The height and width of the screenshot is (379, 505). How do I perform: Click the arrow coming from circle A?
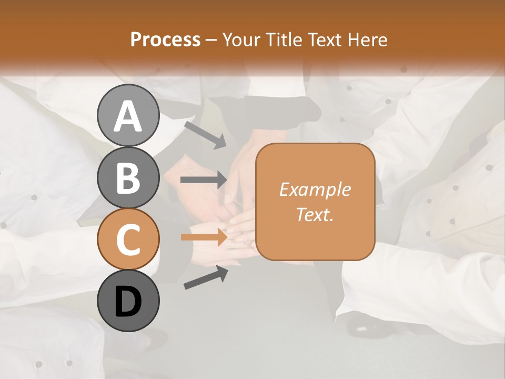(x=205, y=134)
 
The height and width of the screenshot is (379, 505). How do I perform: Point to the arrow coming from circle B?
(x=204, y=179)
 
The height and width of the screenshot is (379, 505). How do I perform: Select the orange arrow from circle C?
(x=204, y=237)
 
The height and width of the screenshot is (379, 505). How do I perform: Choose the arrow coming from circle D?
(x=206, y=277)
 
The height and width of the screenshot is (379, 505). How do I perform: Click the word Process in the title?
(x=165, y=39)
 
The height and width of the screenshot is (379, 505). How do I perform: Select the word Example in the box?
(x=315, y=189)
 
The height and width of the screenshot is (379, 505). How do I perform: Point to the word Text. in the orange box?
(x=315, y=214)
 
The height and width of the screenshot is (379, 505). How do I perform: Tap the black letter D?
(x=128, y=302)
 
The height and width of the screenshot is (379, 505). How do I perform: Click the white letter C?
(x=128, y=240)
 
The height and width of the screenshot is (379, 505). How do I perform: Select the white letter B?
(x=128, y=178)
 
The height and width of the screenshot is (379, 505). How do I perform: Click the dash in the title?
(x=211, y=41)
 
